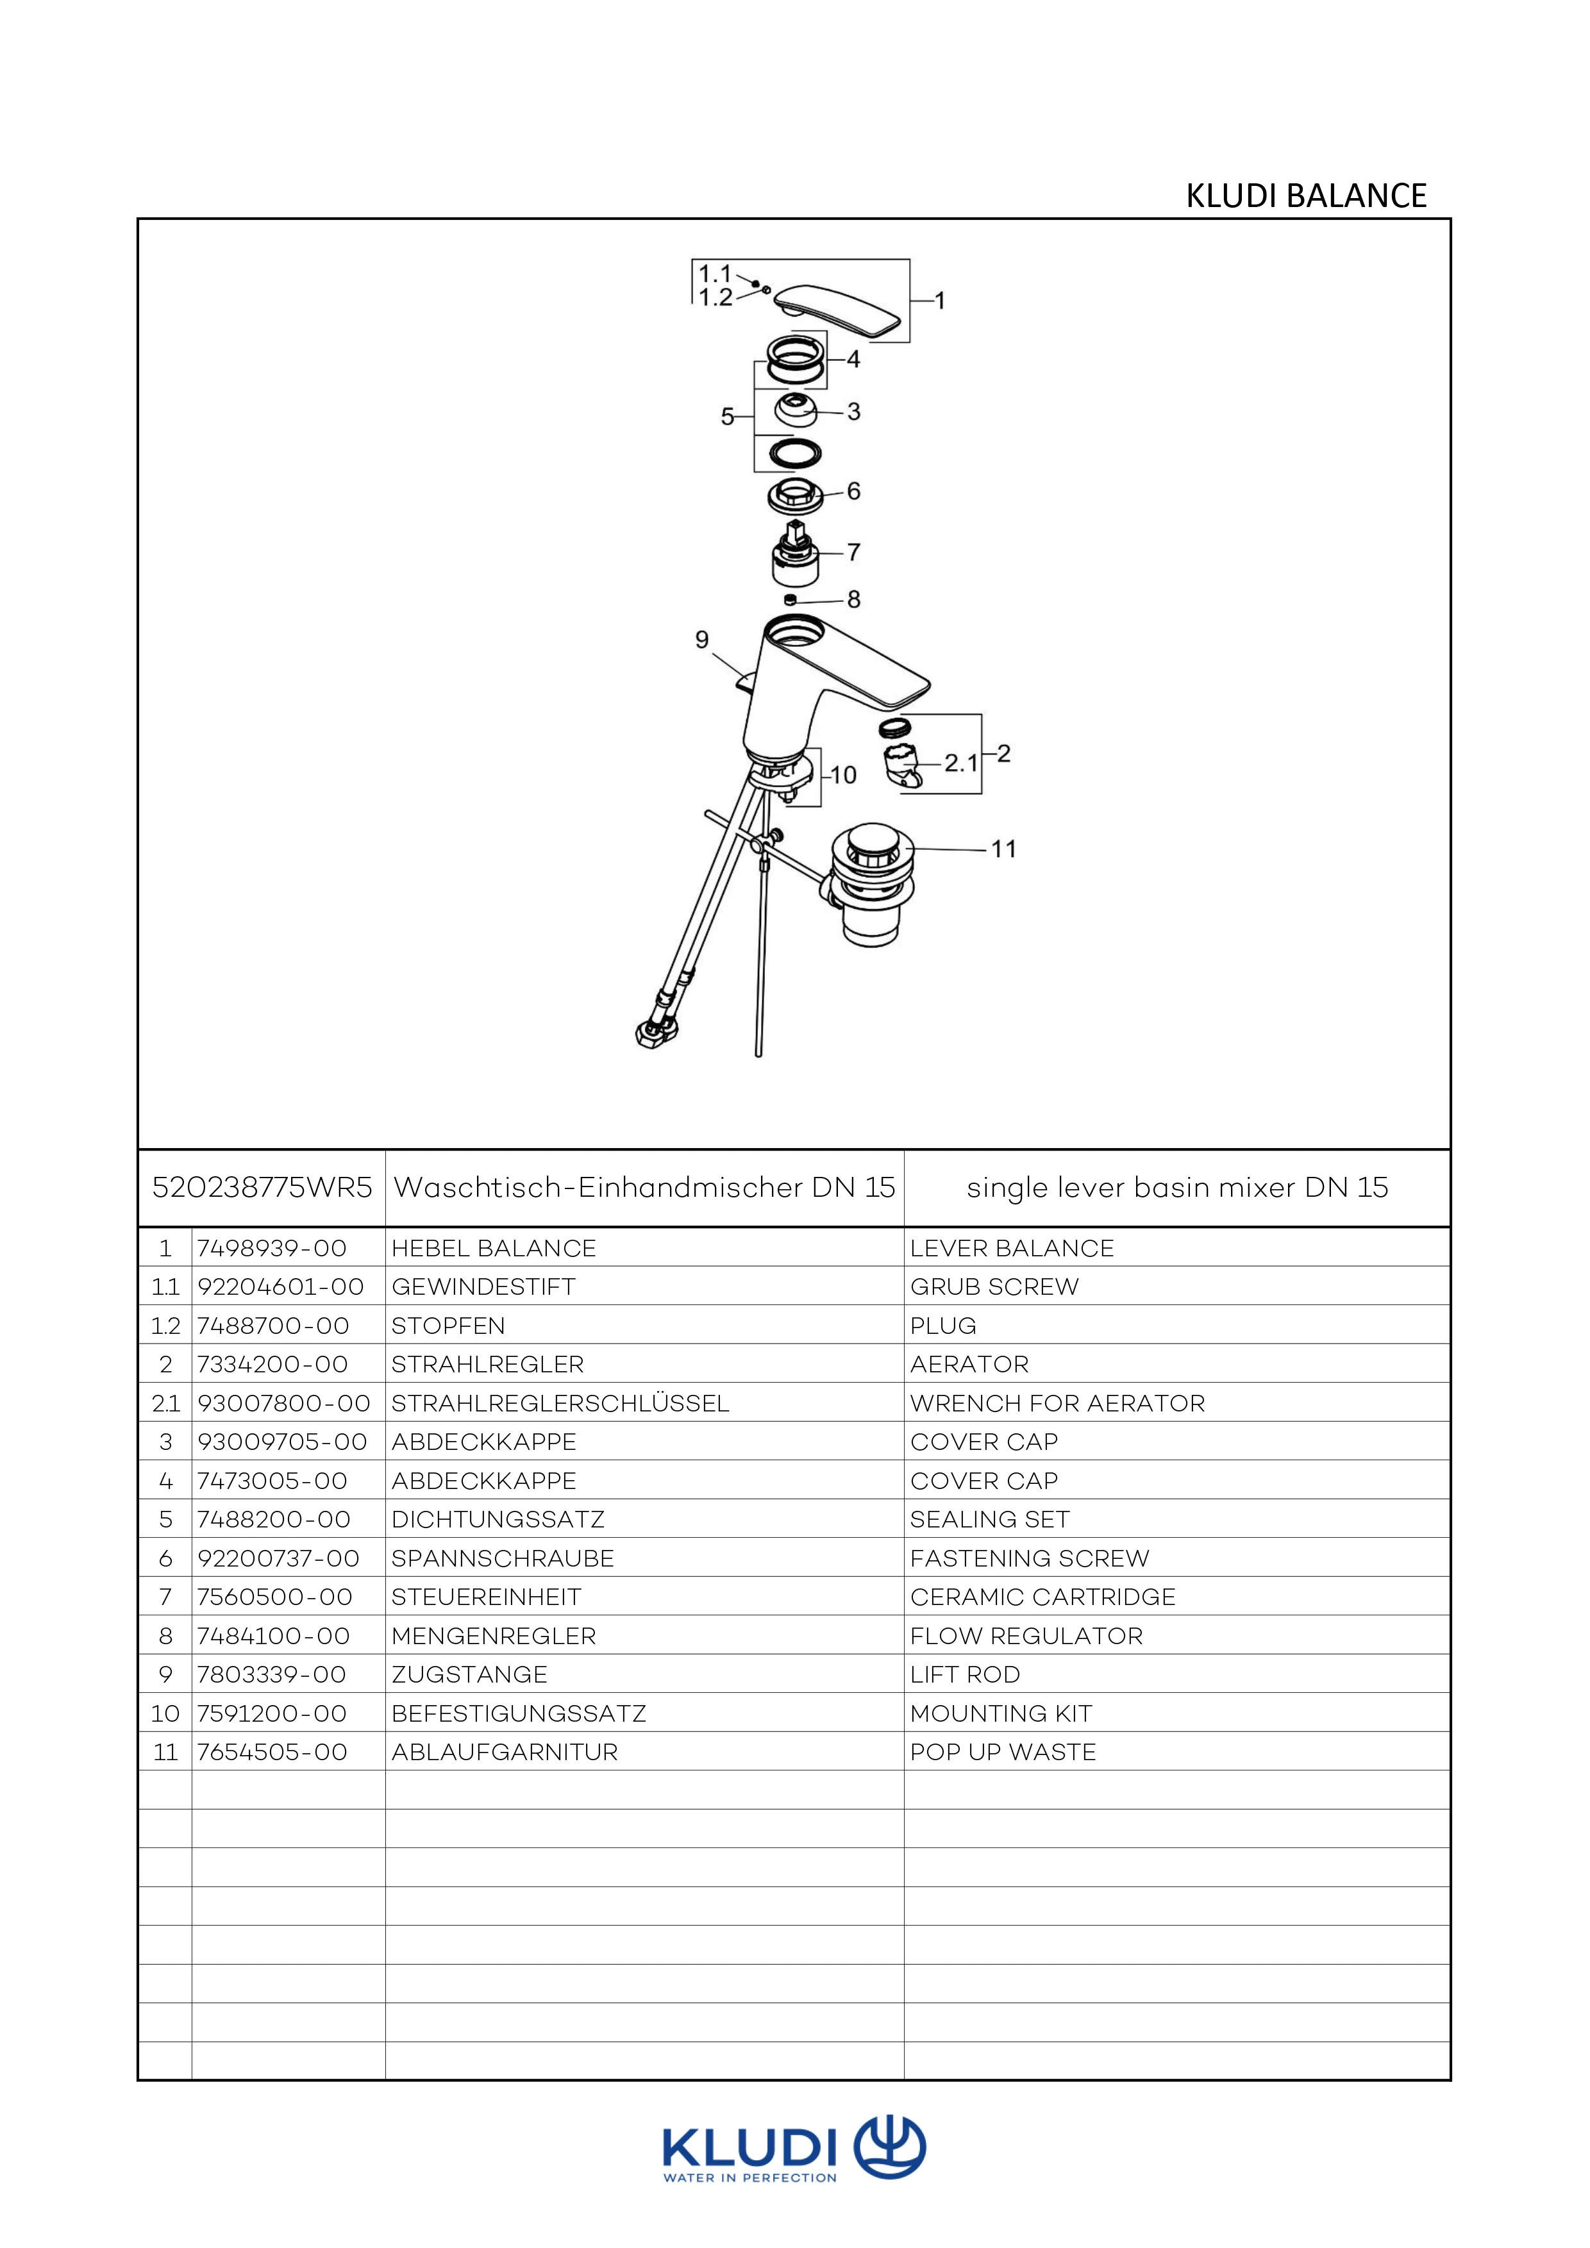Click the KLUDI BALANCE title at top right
[x=1305, y=196]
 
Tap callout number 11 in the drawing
[x=1003, y=849]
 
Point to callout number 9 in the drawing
[x=702, y=639]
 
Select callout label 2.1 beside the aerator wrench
[x=960, y=762]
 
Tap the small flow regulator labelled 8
[x=791, y=599]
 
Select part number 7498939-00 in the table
[x=272, y=1248]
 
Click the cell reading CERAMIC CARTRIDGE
[x=1042, y=1597]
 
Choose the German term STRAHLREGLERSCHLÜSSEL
[x=560, y=1403]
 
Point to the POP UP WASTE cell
[x=1003, y=1752]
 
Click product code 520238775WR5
[x=262, y=1188]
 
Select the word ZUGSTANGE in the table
[x=469, y=1674]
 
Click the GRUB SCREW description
[x=994, y=1286]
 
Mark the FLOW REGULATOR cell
[x=1026, y=1636]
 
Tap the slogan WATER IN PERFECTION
[x=750, y=2177]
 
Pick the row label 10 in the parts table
[x=165, y=1713]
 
